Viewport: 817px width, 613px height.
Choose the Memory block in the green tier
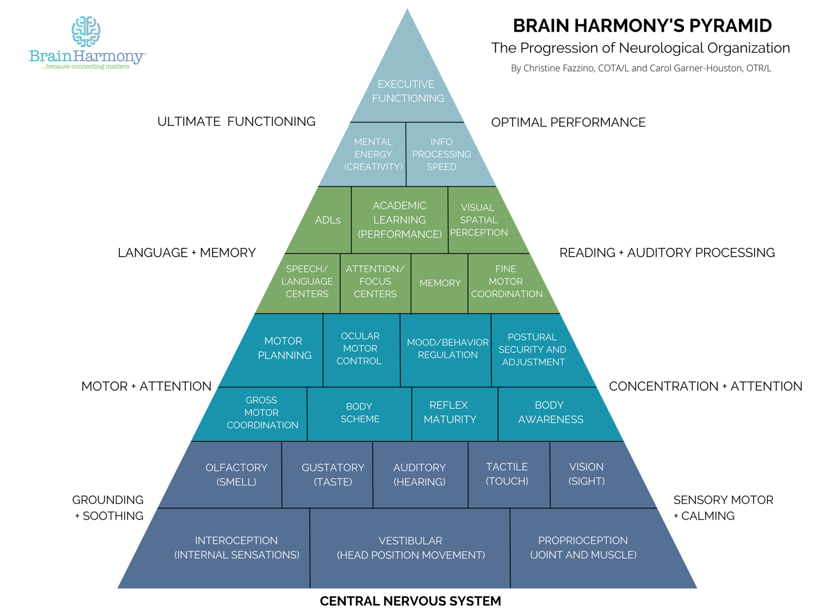click(440, 283)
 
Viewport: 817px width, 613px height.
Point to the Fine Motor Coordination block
click(509, 283)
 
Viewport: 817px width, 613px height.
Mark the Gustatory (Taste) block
click(327, 475)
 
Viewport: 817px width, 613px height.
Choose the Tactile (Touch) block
click(509, 475)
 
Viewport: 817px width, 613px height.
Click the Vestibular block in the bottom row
click(410, 548)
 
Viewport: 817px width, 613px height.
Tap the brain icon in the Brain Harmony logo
click(86, 32)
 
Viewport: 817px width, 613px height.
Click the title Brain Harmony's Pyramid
click(642, 26)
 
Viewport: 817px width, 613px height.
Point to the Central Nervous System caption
click(410, 600)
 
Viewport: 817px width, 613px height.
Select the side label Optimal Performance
click(568, 122)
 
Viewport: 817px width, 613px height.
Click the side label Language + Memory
click(187, 253)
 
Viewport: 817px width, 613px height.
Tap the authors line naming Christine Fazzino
click(641, 68)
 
